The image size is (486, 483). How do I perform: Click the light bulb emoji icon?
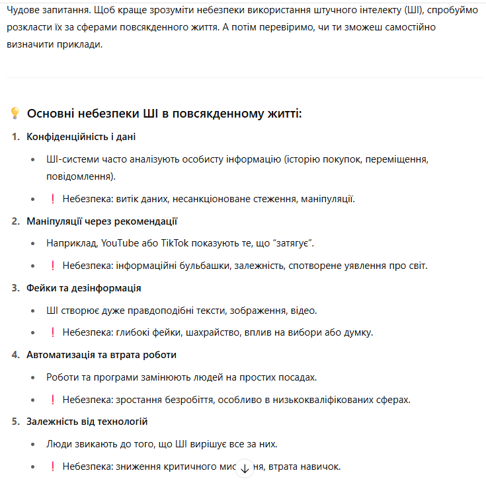[x=15, y=114]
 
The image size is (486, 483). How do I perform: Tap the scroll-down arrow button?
[x=245, y=468]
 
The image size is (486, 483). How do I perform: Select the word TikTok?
[x=172, y=243]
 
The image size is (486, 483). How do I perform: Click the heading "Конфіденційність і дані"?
[x=81, y=137]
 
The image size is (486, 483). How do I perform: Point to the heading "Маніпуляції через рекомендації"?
[x=102, y=221]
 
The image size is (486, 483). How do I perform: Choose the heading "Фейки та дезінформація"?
[x=83, y=288]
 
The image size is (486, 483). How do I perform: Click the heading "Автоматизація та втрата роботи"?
[x=101, y=355]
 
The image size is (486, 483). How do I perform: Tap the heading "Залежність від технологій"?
[x=87, y=422]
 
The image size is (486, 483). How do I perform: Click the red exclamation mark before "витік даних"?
[x=52, y=199]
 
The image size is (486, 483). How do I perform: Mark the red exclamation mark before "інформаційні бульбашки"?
[x=52, y=266]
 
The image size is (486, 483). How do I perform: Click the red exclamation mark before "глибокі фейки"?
[x=52, y=332]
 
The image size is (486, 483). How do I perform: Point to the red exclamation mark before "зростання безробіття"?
[x=52, y=399]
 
